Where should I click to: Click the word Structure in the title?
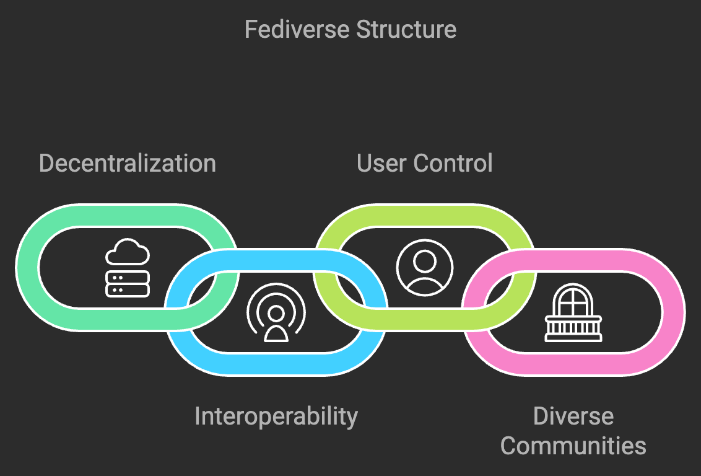pos(406,30)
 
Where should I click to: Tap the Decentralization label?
pos(128,163)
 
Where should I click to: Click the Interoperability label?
pos(276,416)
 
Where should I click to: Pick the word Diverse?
pos(573,416)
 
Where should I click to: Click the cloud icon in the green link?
pos(128,252)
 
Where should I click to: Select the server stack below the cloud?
pos(128,284)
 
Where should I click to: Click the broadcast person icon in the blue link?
pos(276,312)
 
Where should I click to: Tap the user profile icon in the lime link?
pos(425,268)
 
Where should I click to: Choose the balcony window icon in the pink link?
pos(573,312)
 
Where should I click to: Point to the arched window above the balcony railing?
pos(573,299)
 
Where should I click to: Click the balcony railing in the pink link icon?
pos(573,329)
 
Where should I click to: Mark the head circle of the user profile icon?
pos(425,262)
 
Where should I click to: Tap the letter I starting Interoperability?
pos(197,416)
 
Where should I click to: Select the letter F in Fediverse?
pos(251,30)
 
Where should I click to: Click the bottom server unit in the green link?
pos(128,290)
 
